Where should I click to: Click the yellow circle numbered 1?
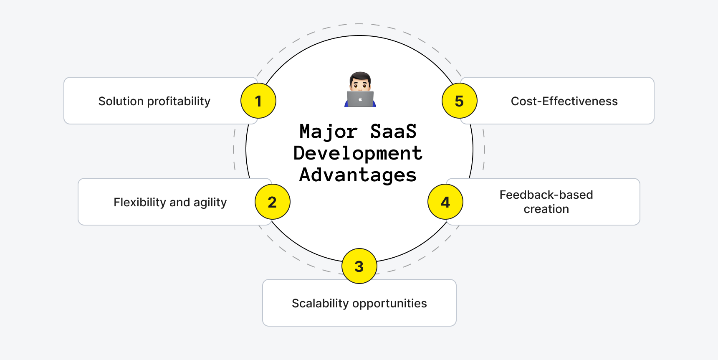(258, 101)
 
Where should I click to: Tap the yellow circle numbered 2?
(272, 202)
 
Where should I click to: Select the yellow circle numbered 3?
(359, 266)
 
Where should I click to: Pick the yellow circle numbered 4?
(445, 202)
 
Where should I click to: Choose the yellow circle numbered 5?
(459, 101)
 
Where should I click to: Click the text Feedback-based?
(546, 195)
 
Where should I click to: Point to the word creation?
(546, 209)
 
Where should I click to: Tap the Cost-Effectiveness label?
(564, 101)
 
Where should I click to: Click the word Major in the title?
(328, 132)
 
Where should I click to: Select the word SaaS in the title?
(393, 131)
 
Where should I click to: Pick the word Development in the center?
(358, 153)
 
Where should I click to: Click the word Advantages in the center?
(358, 175)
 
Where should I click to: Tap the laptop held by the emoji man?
(360, 99)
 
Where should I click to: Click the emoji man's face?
(360, 82)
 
